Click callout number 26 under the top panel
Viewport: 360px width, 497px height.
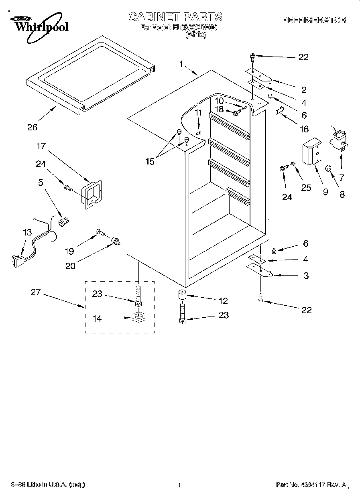tap(33, 127)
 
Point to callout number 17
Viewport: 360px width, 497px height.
tap(42, 147)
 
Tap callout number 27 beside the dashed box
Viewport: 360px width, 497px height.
tap(36, 292)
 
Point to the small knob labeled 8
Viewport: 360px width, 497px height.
tap(328, 167)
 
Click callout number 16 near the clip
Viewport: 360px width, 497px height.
tap(304, 129)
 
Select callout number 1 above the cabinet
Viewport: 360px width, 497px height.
tap(181, 64)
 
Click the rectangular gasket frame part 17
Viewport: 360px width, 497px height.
tap(92, 194)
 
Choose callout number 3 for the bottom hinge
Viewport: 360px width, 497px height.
tap(306, 276)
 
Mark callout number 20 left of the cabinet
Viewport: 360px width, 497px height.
tap(70, 265)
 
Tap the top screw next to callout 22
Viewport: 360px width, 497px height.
tap(253, 57)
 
